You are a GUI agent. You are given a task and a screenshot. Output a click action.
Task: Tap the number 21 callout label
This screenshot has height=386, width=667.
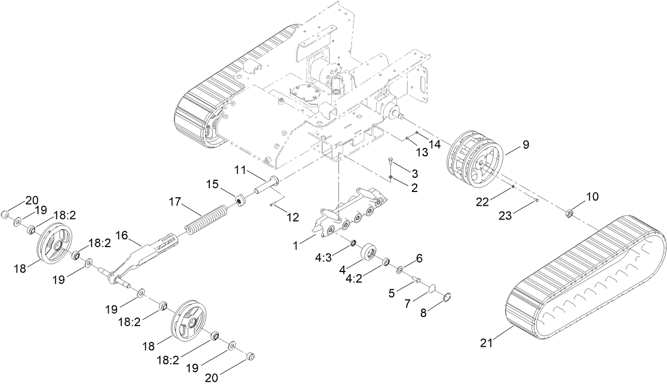(x=487, y=344)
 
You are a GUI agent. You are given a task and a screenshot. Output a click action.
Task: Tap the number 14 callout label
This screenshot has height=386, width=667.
(x=435, y=143)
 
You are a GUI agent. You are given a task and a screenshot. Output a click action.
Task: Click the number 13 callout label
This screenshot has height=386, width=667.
(x=421, y=153)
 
